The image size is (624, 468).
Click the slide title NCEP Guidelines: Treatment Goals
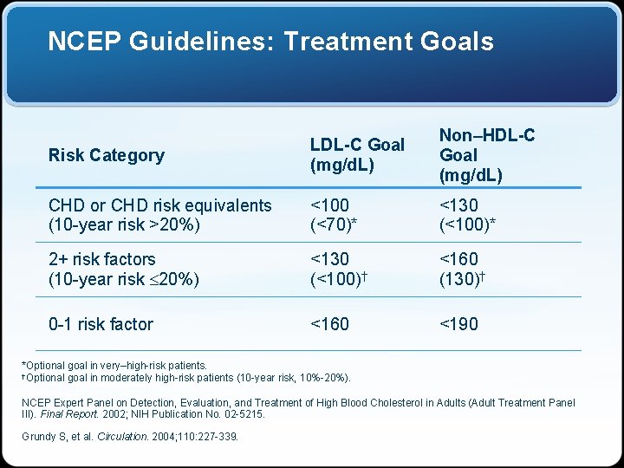(270, 42)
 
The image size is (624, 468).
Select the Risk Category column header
(106, 155)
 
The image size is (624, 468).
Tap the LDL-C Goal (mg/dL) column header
(357, 154)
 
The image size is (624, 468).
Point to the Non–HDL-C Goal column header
(486, 154)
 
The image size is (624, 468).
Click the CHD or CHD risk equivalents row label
(159, 206)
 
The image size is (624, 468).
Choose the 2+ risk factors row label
(101, 259)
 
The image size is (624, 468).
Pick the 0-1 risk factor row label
(101, 324)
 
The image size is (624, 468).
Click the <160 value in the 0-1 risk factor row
(329, 324)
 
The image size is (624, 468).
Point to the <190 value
(458, 324)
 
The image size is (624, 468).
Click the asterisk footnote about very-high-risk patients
(114, 366)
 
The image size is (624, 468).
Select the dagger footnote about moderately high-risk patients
(185, 378)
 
